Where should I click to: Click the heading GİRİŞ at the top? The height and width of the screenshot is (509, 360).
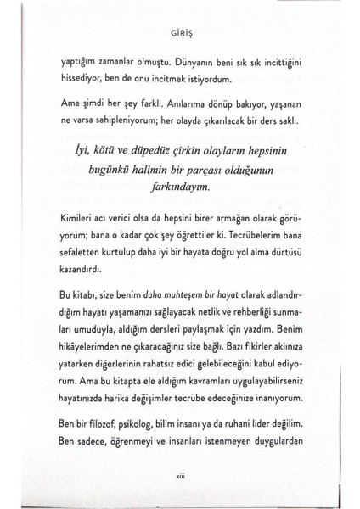[180, 36]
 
